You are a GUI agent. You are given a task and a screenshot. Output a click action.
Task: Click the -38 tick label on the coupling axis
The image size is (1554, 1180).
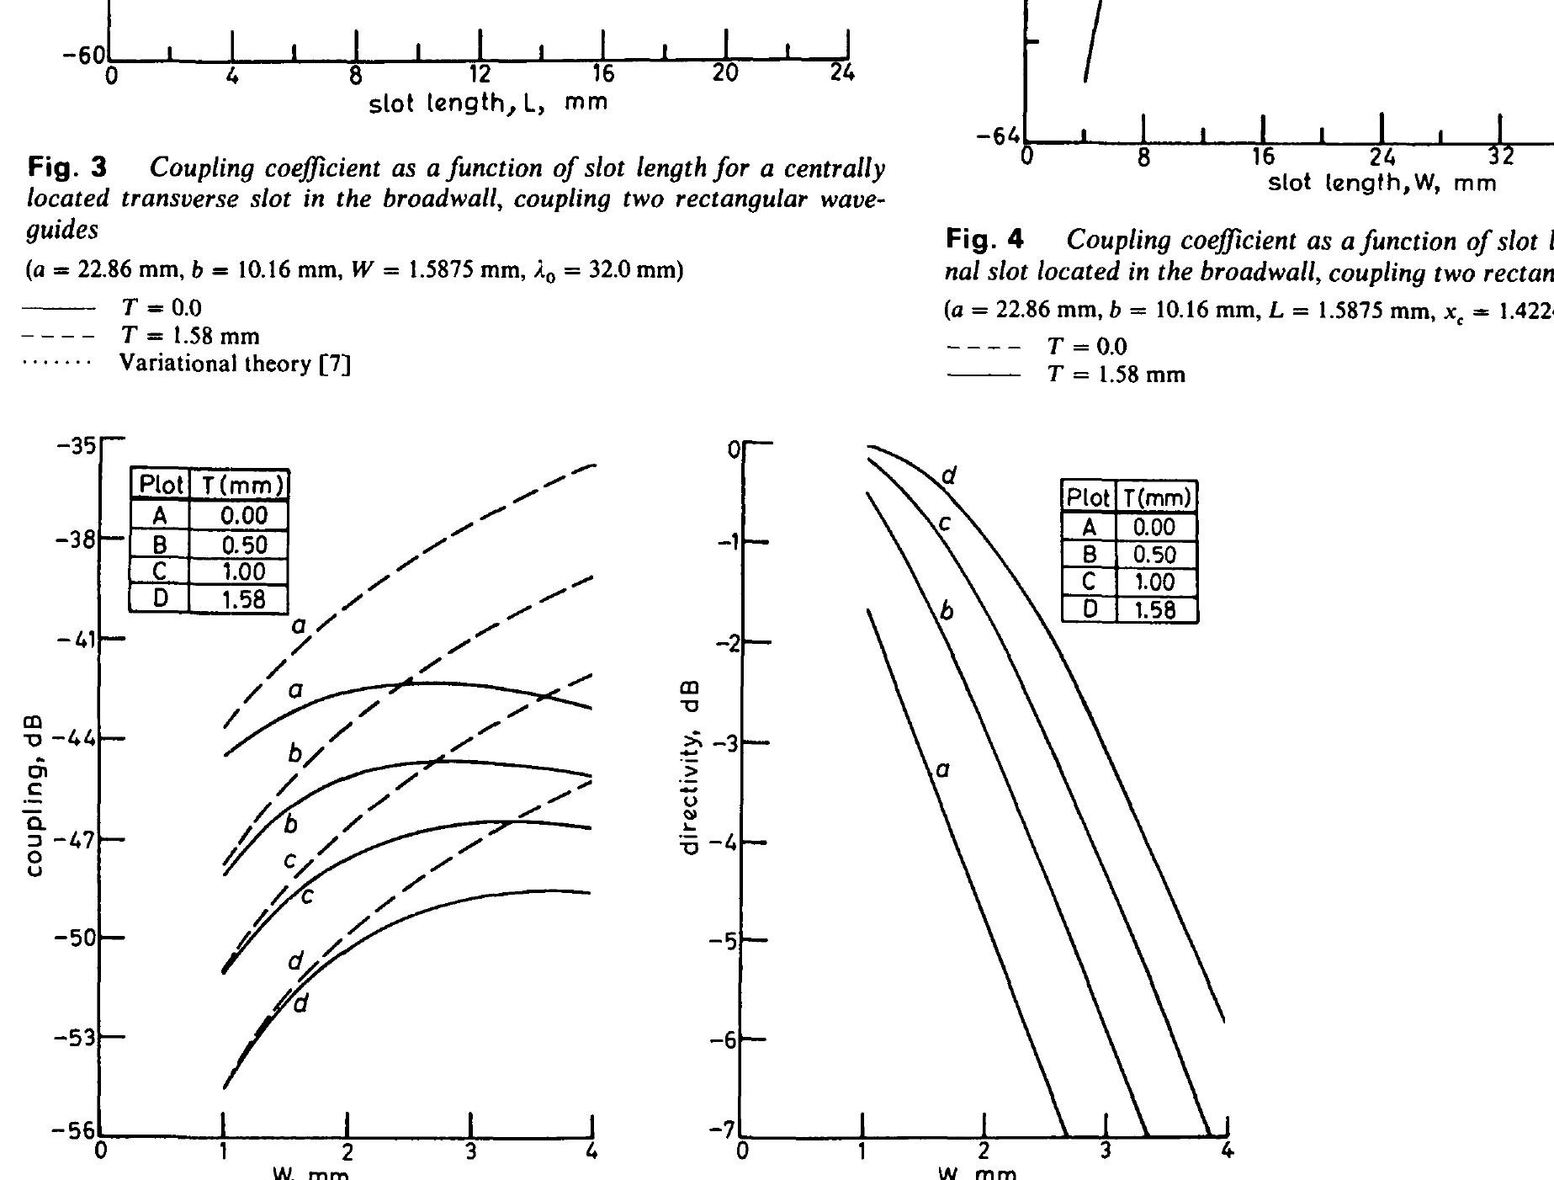77,540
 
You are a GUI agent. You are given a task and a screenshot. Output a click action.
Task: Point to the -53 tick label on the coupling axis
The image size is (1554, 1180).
77,1038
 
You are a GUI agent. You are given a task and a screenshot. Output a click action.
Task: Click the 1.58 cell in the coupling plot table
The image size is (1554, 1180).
240,599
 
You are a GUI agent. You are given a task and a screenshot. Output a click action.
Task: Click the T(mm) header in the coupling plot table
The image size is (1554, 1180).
240,486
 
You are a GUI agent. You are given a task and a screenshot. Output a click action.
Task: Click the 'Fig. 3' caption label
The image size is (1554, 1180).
68,169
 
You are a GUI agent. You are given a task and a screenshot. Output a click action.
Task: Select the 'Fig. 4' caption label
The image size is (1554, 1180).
985,241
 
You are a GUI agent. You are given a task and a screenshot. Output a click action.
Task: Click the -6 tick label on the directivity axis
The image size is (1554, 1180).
723,1041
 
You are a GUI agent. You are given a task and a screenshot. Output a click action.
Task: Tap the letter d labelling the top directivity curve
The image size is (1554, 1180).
949,476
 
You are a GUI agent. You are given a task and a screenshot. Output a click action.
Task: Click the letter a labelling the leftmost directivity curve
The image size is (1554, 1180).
942,768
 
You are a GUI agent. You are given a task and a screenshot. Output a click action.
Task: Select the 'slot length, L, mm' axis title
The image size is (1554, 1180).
488,104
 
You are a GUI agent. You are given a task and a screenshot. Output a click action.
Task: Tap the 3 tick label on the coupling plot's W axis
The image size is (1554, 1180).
471,1151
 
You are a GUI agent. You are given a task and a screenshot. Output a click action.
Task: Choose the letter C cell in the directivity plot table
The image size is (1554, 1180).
1089,582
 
